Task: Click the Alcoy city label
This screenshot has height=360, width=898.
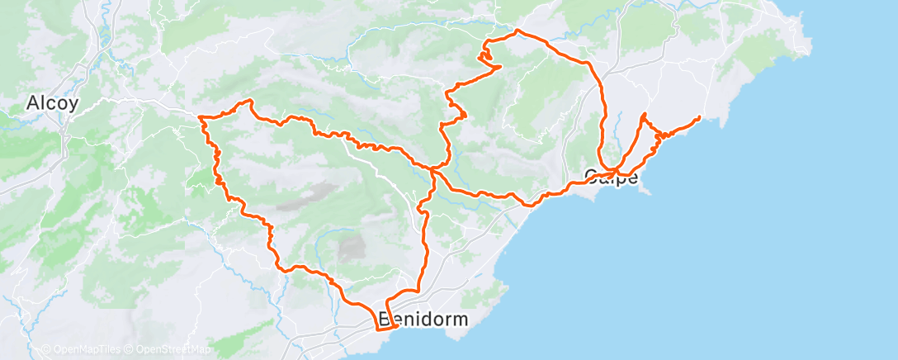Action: coord(52,103)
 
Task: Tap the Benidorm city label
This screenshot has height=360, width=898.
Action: coord(423,319)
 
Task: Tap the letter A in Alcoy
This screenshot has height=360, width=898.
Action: coord(32,103)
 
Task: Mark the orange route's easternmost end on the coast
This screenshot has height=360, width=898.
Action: coord(700,118)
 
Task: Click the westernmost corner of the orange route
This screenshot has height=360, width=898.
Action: coord(200,119)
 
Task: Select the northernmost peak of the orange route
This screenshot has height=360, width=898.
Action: coord(517,31)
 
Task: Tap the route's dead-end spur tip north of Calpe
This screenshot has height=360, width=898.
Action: coord(643,112)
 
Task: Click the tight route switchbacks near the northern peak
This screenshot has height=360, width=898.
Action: coord(484,56)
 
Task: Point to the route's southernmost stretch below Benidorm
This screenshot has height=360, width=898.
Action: coord(385,329)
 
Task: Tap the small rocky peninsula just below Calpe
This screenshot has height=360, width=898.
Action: coord(646,191)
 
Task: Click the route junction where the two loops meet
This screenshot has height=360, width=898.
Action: coord(432,168)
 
